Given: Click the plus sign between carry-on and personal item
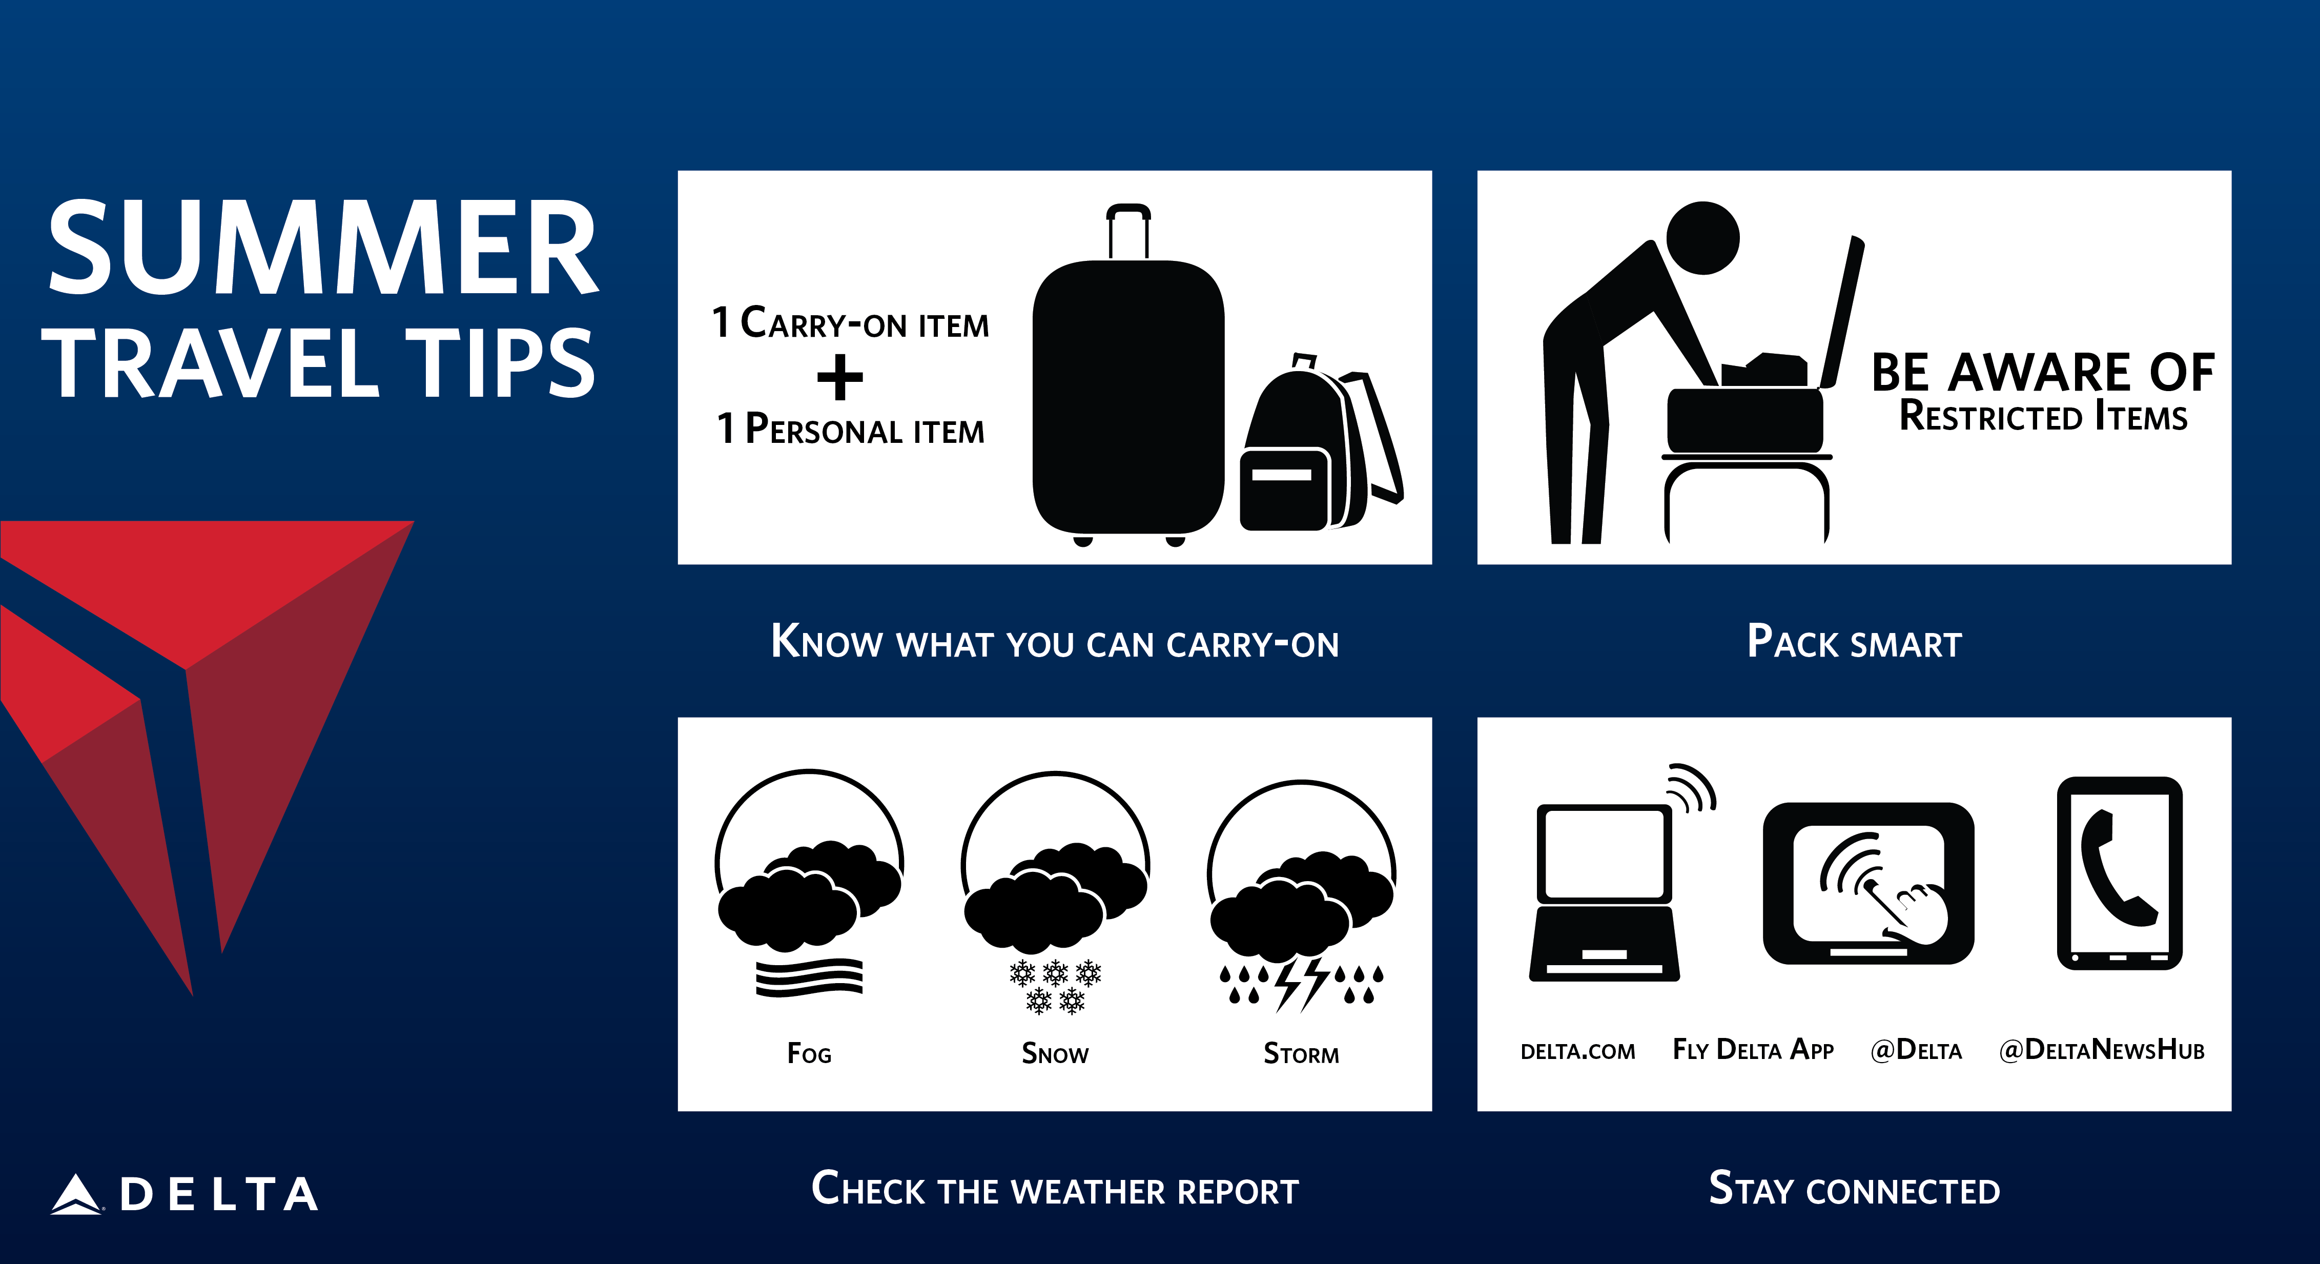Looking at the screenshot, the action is (x=839, y=377).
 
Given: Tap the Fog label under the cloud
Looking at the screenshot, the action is (x=809, y=1053).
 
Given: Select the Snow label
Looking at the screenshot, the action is (x=1055, y=1053).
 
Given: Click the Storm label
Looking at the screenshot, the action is (x=1301, y=1053).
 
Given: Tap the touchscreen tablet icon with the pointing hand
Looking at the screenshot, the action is (x=1868, y=883).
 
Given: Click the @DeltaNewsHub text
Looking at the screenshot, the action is (x=2101, y=1050).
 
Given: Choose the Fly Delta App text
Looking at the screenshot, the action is (x=1753, y=1050).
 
